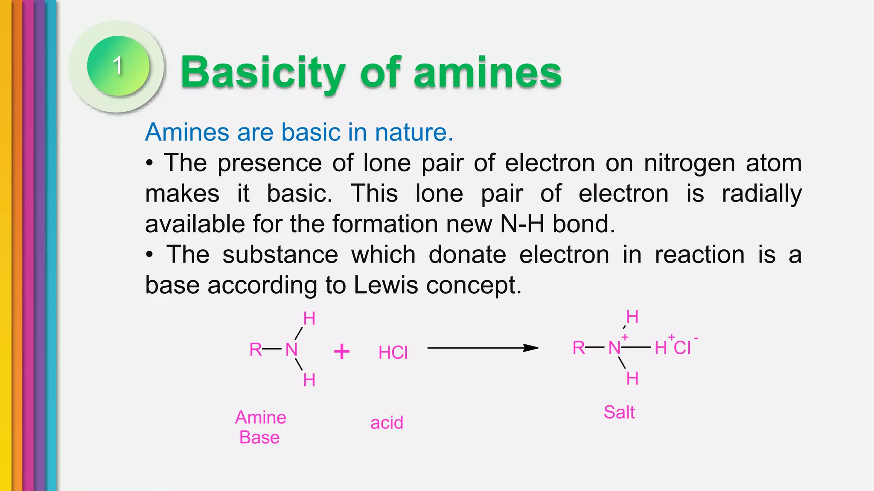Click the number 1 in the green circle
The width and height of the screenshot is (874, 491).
[x=118, y=66]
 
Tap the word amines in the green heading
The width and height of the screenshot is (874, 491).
[x=487, y=73]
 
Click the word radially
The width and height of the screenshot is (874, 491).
[x=761, y=194]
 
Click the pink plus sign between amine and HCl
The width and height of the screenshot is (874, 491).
[x=341, y=352]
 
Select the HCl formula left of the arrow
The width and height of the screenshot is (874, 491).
[x=393, y=352]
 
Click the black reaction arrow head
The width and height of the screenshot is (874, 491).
[x=531, y=348]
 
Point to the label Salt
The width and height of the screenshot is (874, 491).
[x=619, y=412]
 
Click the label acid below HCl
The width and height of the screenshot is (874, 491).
[x=387, y=423]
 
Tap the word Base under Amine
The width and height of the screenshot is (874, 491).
[x=259, y=437]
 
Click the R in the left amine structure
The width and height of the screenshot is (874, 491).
[x=255, y=349]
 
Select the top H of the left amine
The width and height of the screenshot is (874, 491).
[x=309, y=319]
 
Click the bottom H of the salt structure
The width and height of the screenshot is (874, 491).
[x=632, y=378]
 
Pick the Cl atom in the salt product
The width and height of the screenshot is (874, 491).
[x=682, y=348]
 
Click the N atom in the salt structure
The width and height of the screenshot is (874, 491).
[x=614, y=348]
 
